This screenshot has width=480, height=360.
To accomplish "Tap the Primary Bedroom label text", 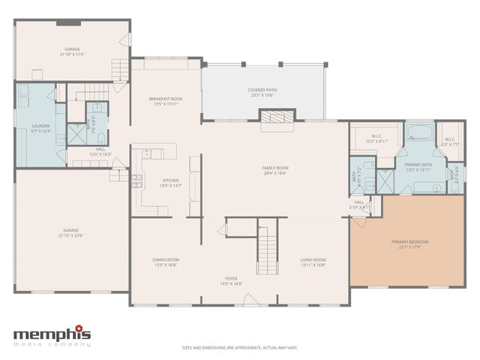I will click(409, 241).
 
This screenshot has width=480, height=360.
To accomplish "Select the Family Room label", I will click(274, 167).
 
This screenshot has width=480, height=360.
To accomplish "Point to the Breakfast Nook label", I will click(166, 99).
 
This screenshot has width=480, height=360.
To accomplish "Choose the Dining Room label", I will click(166, 259).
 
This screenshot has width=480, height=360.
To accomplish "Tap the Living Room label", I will click(313, 259).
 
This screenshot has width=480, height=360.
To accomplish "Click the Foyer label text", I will click(232, 278).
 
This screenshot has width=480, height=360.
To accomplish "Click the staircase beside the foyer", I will click(267, 247).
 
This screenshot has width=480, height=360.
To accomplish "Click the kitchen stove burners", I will click(137, 180).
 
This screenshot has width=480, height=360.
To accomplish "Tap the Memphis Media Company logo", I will click(52, 336).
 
